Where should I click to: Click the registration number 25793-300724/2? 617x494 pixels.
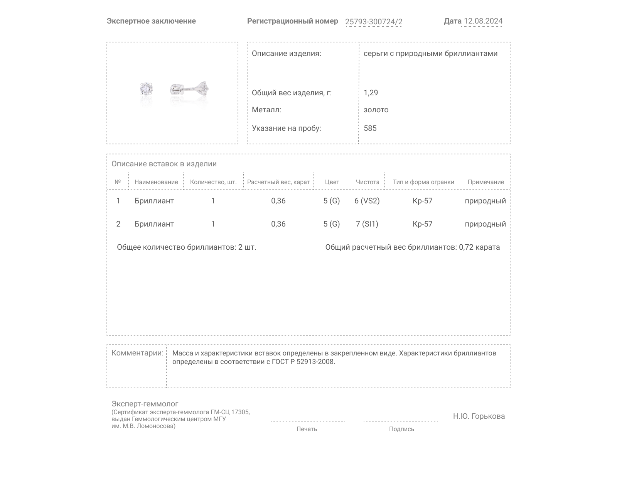tap(373, 22)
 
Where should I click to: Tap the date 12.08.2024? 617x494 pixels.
tap(483, 21)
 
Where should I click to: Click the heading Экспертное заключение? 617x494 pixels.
tap(151, 21)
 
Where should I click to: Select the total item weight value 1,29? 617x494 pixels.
tap(371, 93)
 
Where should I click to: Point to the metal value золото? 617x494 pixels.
tap(376, 110)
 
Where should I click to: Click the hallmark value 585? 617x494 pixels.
tap(370, 128)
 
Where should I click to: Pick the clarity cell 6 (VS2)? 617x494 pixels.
tap(367, 201)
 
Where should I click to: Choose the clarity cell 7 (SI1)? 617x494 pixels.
tap(367, 224)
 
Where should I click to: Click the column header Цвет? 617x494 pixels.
tap(332, 182)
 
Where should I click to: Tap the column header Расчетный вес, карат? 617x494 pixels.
tap(278, 182)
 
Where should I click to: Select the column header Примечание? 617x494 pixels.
tap(486, 182)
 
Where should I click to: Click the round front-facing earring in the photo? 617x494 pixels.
tap(147, 89)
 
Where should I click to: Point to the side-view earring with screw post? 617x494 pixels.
tap(189, 89)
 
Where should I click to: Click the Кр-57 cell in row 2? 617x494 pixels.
tap(422, 224)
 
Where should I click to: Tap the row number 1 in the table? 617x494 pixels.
tap(118, 201)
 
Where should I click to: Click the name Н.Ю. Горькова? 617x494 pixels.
tap(479, 416)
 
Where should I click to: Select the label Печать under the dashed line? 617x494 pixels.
tap(307, 429)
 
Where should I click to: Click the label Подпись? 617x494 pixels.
tap(401, 429)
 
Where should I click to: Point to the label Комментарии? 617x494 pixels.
tap(137, 353)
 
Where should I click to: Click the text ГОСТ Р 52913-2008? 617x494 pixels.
tap(303, 362)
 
